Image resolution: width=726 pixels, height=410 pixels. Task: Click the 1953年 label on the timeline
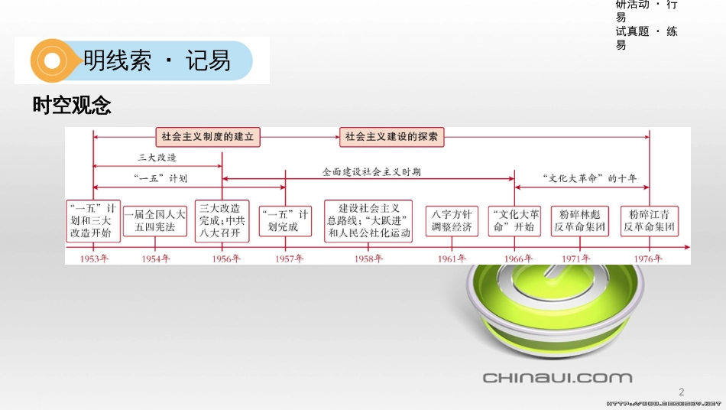92,259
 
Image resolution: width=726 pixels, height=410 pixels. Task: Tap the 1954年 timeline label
155,259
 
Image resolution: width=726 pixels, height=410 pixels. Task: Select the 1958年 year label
368,259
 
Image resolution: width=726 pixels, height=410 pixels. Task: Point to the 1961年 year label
452,259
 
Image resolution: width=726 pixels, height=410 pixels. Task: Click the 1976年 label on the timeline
648,259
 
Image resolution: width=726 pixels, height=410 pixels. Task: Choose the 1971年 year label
579,259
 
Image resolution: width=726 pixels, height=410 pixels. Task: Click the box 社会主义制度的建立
209,138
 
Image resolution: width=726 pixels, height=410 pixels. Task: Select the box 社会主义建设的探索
391,138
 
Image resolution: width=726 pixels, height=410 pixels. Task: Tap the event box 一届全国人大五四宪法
155,220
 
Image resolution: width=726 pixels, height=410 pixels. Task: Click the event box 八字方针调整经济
452,220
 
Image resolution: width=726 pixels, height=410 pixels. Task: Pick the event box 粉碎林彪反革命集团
580,220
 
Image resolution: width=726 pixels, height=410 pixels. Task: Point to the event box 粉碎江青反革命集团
649,220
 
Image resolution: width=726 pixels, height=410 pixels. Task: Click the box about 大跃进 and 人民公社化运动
368,220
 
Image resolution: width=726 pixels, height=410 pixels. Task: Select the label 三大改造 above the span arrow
157,158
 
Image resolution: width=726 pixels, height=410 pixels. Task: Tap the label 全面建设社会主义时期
371,172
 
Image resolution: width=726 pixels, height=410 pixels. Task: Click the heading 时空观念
72,106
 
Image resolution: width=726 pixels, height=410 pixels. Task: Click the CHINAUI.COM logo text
557,377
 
